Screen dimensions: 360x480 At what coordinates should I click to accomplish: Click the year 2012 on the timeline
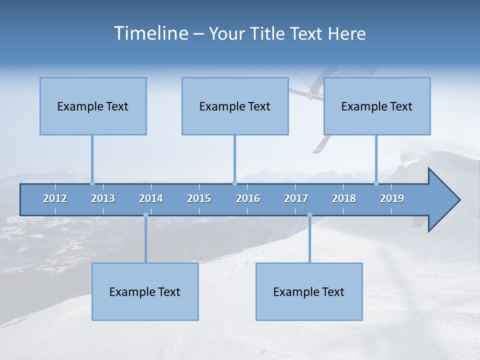pyautogui.click(x=55, y=198)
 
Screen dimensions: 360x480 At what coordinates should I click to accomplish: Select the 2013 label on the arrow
pyautogui.click(x=103, y=198)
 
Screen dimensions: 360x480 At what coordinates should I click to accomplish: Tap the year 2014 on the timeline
pyautogui.click(x=151, y=198)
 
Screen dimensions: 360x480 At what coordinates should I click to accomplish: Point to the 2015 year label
pyautogui.click(x=199, y=198)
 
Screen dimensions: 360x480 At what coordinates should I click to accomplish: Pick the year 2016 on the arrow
pyautogui.click(x=248, y=198)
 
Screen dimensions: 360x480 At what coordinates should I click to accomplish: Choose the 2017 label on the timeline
pyautogui.click(x=296, y=198)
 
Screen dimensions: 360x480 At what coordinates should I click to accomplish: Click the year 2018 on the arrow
pyautogui.click(x=344, y=198)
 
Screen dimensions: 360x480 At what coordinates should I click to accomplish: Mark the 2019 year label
pyautogui.click(x=392, y=198)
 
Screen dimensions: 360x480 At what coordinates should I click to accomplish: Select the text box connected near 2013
pyautogui.click(x=93, y=106)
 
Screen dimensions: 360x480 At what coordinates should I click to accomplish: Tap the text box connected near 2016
pyautogui.click(x=235, y=106)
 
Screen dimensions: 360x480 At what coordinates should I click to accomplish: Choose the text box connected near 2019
pyautogui.click(x=377, y=106)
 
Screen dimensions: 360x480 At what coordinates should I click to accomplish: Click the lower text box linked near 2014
pyautogui.click(x=145, y=291)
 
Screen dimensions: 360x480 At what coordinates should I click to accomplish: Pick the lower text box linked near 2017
pyautogui.click(x=309, y=291)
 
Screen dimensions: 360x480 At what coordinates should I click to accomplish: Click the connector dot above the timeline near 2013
pyautogui.click(x=92, y=183)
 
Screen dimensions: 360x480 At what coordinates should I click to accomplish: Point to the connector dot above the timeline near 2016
pyautogui.click(x=234, y=183)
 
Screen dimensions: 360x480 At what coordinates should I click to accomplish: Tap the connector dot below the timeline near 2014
pyautogui.click(x=145, y=215)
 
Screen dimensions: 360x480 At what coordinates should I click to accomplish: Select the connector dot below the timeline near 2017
pyautogui.click(x=309, y=215)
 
